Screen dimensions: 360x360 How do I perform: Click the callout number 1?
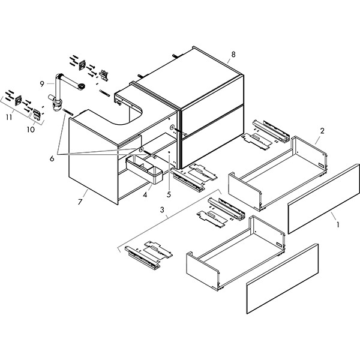(337, 226)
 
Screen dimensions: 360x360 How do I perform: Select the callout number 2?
(322, 130)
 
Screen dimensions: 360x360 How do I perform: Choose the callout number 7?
(80, 200)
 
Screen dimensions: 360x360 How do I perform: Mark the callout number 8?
(233, 55)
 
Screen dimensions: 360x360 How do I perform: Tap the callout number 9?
(43, 84)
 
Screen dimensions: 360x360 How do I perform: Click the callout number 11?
(9, 118)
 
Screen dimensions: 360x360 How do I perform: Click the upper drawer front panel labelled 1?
(324, 200)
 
